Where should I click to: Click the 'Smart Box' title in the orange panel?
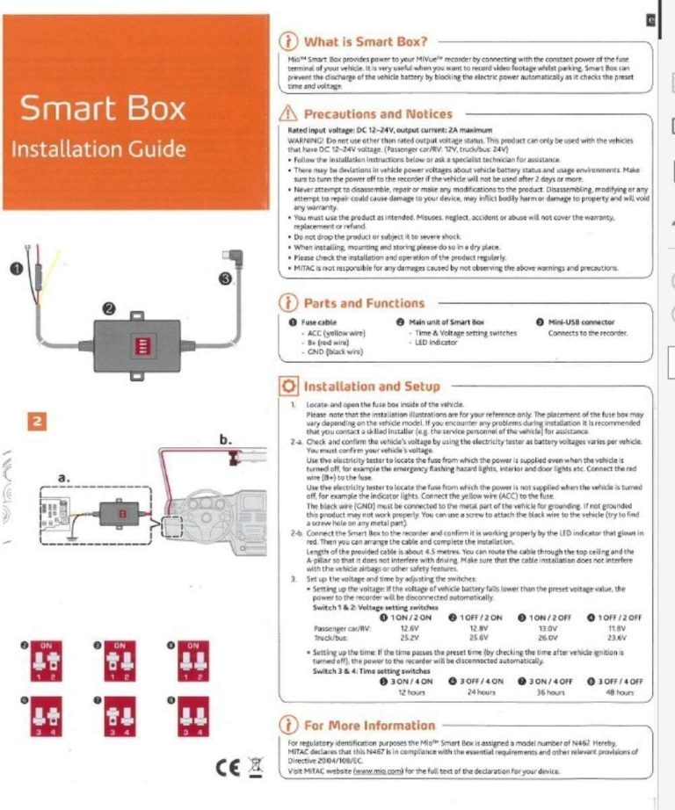(x=103, y=108)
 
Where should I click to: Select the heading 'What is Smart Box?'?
(x=365, y=41)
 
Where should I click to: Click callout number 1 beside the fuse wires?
(x=16, y=267)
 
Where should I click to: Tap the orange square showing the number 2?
(x=40, y=421)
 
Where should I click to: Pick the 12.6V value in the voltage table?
(x=408, y=627)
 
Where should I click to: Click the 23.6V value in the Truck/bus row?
(x=615, y=638)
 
